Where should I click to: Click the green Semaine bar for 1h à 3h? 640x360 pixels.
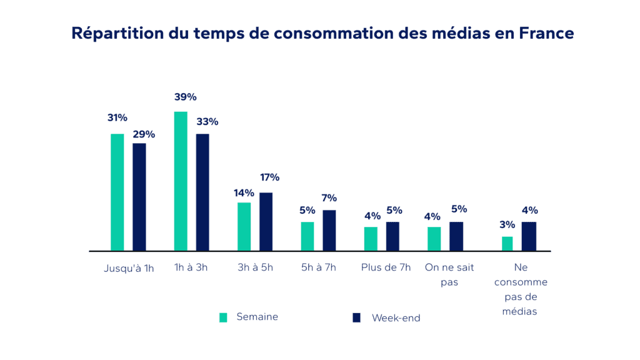pos(181,181)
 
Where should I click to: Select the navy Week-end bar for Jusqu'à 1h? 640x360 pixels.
pos(139,197)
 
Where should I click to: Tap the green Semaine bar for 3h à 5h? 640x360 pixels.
pos(244,226)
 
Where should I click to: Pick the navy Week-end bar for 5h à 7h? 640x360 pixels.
pos(329,230)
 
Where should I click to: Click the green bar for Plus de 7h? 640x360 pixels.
pos(371,238)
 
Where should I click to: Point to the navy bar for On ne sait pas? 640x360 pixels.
pos(456,236)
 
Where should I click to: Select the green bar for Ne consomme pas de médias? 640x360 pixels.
pos(507,243)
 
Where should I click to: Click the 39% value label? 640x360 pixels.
pos(186,97)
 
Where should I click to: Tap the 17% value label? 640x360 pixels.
pos(269,177)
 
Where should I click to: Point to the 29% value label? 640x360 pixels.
pos(143,134)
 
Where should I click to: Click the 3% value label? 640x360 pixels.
pos(507,224)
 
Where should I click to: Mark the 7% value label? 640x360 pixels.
pos(329,198)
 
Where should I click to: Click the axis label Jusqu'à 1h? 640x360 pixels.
pos(129,268)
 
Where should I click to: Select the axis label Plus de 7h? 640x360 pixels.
pos(386,267)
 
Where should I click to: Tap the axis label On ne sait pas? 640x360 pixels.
pos(449,274)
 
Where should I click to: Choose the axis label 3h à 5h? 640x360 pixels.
pos(255,267)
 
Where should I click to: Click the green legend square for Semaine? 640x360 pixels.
pos(223,317)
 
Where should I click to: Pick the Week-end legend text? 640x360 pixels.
pos(396,318)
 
